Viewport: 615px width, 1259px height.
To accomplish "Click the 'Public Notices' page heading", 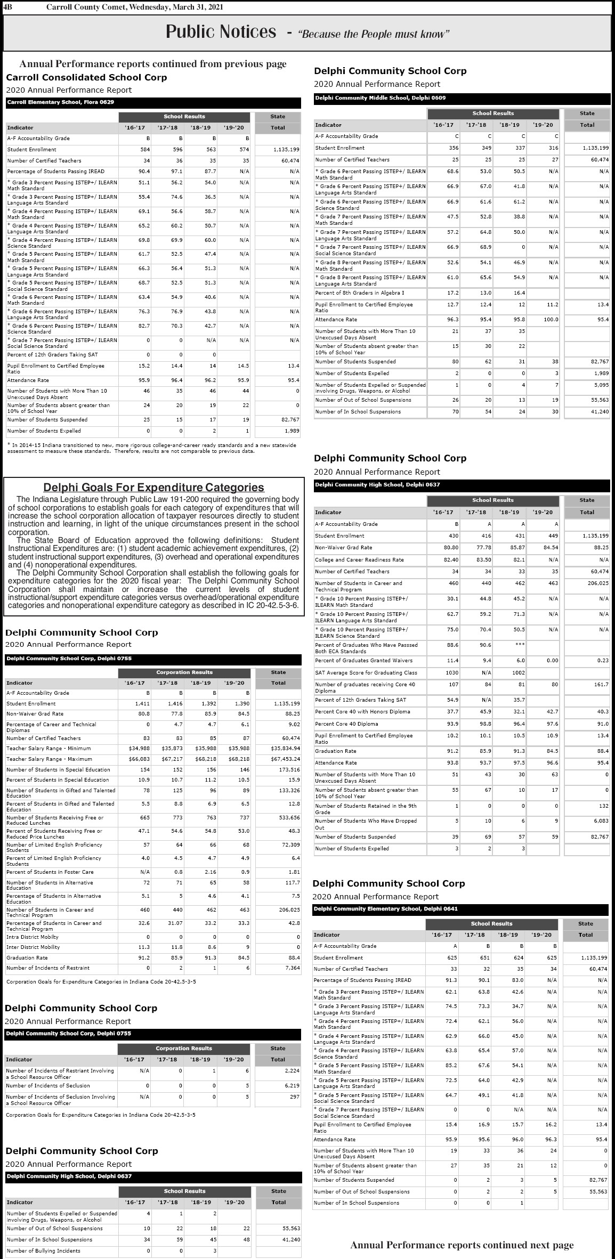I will (x=221, y=32).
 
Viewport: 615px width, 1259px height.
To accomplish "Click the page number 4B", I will (x=7, y=6).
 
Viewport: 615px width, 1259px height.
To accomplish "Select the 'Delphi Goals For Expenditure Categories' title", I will (x=153, y=487).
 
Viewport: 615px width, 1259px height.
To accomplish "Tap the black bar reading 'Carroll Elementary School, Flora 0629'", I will (x=61, y=102).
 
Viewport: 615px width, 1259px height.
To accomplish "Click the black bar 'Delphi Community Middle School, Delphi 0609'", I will (x=381, y=98).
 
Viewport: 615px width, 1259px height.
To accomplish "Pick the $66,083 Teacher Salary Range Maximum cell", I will (x=140, y=759).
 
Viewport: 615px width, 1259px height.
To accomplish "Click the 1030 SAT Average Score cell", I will (x=452, y=673).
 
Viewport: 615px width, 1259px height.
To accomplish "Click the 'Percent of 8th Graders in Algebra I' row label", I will (x=359, y=293).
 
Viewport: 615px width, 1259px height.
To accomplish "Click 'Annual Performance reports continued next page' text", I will (x=462, y=1245).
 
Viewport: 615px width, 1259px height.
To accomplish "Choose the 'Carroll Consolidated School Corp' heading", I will (x=86, y=77).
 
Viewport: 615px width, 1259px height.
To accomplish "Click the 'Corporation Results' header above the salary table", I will (x=184, y=672).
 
